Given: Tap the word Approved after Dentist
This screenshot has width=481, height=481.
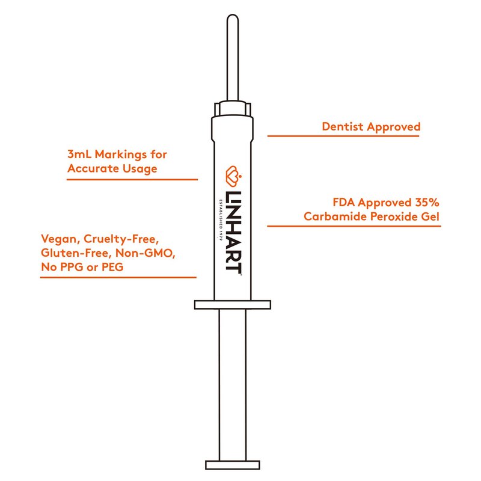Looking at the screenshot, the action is tap(394, 127).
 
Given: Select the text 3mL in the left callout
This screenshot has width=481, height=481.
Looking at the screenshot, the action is tap(79, 154).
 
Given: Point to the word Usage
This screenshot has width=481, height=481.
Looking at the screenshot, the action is tap(140, 169).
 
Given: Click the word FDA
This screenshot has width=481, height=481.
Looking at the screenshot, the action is tap(343, 203).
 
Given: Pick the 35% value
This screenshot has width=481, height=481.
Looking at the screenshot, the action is tap(427, 203).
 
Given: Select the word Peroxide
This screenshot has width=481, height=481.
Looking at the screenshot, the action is tap(394, 216).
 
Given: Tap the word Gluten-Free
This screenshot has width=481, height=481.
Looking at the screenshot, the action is tap(76, 253).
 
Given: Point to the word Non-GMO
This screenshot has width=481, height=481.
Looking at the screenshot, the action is tap(145, 253).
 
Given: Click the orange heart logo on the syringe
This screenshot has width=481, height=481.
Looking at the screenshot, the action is tap(234, 176).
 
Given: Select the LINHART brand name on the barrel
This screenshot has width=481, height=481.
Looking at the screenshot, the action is tap(233, 231).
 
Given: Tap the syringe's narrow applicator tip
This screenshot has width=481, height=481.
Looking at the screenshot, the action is tap(233, 58).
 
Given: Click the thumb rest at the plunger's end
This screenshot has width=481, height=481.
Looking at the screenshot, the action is tap(233, 465).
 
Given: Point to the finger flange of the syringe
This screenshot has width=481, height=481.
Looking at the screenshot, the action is tap(233, 305).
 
